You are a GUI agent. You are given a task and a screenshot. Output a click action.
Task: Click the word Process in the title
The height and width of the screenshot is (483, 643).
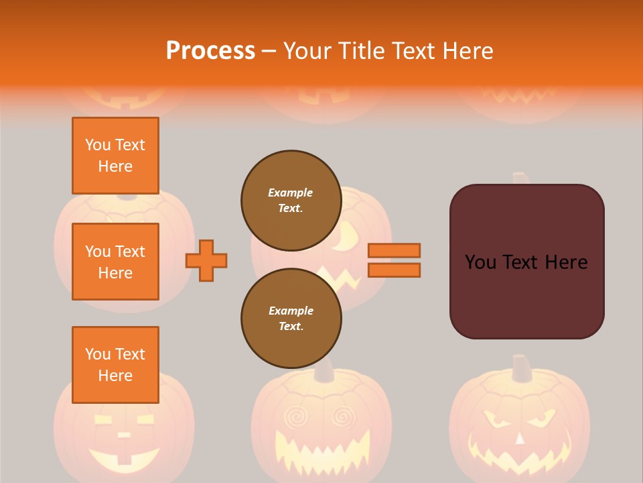point(210,51)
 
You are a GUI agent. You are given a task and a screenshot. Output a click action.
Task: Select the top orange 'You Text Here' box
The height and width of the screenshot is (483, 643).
point(115,156)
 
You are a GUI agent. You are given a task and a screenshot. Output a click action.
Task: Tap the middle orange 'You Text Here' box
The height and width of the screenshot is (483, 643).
point(115,262)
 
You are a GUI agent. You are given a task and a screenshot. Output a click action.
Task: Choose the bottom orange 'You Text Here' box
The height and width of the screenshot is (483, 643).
point(115,365)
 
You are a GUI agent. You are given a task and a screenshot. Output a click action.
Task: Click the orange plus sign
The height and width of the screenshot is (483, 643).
point(206,260)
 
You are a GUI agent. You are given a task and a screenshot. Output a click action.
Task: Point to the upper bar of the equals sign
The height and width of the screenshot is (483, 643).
point(394,250)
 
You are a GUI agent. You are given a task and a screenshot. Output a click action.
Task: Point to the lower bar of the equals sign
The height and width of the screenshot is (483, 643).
point(394,270)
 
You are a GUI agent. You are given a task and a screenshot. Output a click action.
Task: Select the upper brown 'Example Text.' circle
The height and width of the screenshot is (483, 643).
point(291,201)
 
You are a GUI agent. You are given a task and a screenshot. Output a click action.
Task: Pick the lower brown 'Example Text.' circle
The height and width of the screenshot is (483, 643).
point(291,318)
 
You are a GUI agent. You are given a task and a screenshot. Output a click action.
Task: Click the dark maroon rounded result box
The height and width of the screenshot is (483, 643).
point(526,295)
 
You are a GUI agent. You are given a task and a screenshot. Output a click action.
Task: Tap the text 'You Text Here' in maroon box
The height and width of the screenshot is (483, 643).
point(526,262)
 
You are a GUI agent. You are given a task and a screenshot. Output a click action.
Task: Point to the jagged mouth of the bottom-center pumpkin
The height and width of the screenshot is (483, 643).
point(321,449)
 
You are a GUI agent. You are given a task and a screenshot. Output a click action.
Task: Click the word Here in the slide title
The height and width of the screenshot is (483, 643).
point(468,51)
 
